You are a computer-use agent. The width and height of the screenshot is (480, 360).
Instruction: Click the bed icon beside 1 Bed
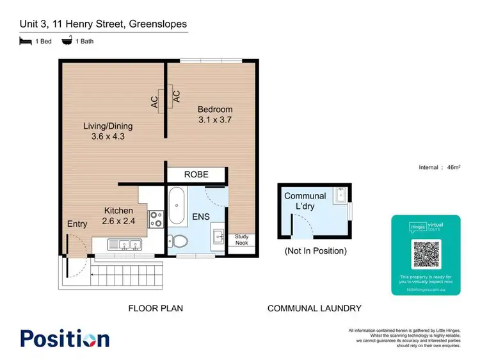pos(25,41)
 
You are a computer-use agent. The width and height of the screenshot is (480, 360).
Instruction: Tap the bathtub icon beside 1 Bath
pos(67,41)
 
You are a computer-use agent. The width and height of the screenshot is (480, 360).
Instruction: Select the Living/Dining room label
pos(107,131)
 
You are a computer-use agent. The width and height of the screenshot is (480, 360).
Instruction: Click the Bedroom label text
pos(214,115)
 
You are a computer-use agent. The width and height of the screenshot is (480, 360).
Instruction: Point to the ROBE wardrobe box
pos(196,174)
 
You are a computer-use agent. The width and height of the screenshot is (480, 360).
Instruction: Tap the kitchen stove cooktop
pos(155,219)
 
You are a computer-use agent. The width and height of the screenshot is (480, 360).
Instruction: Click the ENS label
pos(202,217)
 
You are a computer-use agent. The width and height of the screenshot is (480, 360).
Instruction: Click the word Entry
pos(77,224)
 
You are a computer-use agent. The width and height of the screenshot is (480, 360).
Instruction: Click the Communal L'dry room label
pos(305,200)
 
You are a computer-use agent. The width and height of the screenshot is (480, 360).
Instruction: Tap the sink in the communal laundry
pos(341,193)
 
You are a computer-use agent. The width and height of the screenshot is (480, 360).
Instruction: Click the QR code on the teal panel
pos(426,255)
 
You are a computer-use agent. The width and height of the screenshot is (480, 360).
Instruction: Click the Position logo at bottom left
pos(65,338)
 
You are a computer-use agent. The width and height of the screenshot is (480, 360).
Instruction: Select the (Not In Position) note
pos(315,251)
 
